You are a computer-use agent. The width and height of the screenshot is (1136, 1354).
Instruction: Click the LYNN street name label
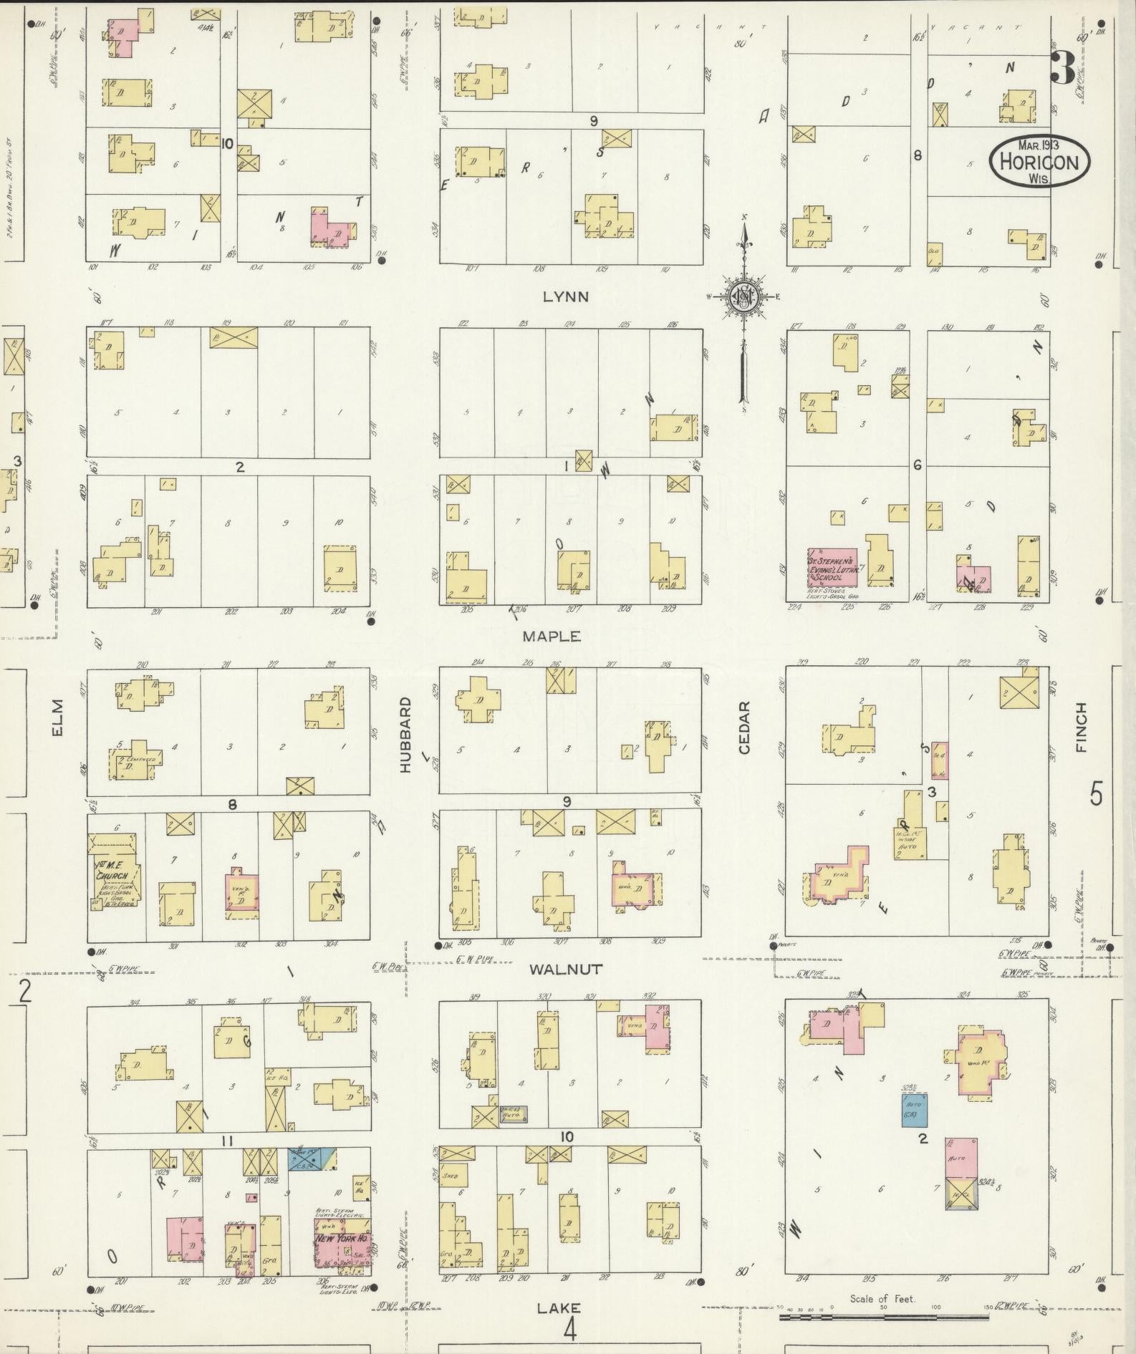coord(565,296)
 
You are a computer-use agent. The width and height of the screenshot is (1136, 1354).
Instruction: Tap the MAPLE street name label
coord(551,636)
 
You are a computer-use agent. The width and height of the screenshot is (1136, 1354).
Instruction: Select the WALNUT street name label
coord(566,969)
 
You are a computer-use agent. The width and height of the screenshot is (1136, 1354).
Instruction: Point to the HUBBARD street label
coord(405,734)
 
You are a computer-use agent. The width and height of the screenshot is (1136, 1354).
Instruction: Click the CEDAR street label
coord(743,727)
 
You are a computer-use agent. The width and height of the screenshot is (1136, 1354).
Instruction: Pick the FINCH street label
coord(1080,727)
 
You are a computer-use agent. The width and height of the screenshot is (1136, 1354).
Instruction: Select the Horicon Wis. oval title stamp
coord(1039,161)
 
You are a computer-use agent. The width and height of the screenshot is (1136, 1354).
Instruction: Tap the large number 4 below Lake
coord(569,1330)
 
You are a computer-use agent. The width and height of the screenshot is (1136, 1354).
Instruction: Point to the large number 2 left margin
coord(26,992)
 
